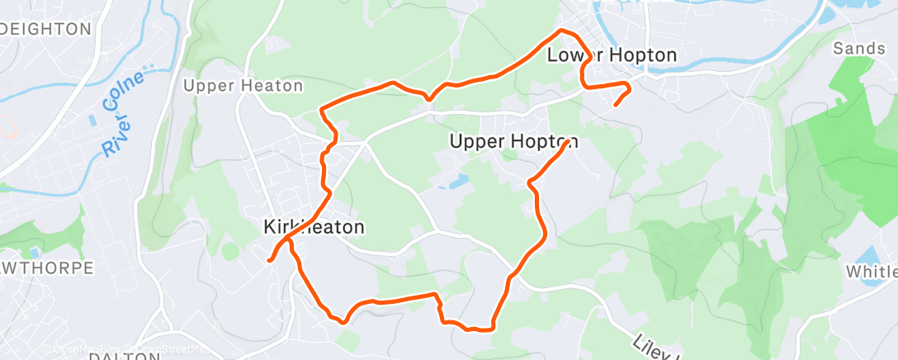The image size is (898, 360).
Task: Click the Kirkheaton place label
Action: pyautogui.click(x=314, y=227)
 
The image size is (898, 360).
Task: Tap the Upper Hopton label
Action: pyautogui.click(x=513, y=142)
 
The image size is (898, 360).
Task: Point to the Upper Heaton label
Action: pyautogui.click(x=243, y=86)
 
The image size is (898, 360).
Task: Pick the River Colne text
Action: pyautogui.click(x=125, y=112)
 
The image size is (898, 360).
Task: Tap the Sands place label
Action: pyautogui.click(x=858, y=50)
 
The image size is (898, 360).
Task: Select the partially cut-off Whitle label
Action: pyautogui.click(x=872, y=272)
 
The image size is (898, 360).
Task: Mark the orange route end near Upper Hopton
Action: pyautogui.click(x=570, y=144)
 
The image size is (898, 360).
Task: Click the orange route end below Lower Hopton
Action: pyautogui.click(x=616, y=104)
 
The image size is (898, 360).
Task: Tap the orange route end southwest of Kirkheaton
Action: pyautogui.click(x=270, y=261)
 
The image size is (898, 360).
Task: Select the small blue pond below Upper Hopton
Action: pyautogui.click(x=457, y=179)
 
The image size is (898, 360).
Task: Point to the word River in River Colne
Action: pyautogui.click(x=113, y=133)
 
